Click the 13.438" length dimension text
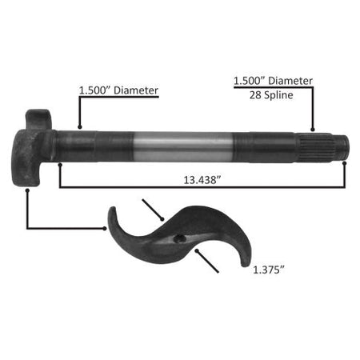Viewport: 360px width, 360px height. click(x=200, y=180)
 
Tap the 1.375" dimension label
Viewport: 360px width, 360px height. click(x=269, y=270)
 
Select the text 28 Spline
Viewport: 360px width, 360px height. click(x=271, y=95)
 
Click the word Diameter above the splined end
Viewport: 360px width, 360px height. click(x=290, y=81)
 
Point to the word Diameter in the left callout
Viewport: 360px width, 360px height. click(x=136, y=90)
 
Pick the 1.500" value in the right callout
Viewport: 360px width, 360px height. click(x=250, y=81)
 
